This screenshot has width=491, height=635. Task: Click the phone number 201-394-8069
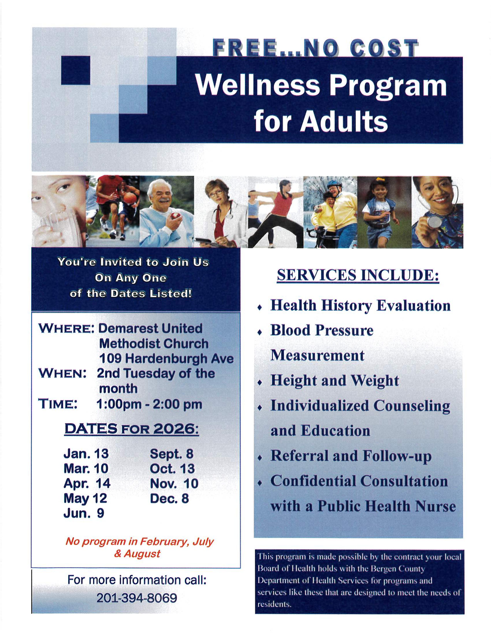click(137, 598)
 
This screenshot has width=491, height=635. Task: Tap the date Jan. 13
click(86, 453)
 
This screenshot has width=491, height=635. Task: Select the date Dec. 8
click(169, 498)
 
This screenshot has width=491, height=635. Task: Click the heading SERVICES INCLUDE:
click(358, 275)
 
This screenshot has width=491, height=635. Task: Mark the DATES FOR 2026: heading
click(132, 429)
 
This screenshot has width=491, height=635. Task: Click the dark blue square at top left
click(75, 70)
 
